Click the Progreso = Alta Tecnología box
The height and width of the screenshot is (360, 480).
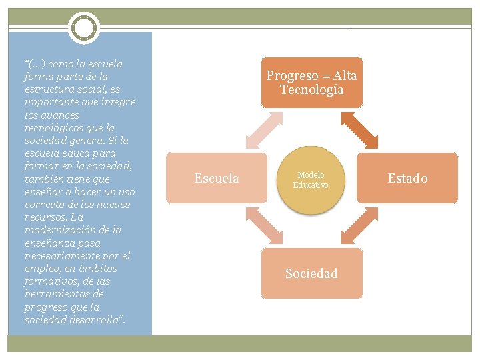(x=311, y=82)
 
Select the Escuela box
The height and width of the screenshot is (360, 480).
(x=216, y=178)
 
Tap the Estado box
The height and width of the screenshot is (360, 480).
(x=407, y=178)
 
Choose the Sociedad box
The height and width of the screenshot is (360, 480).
(x=311, y=273)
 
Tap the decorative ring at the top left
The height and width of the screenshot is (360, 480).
(x=83, y=29)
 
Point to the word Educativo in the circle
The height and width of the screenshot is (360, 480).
(x=311, y=185)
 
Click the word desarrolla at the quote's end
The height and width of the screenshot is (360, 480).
(x=97, y=320)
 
